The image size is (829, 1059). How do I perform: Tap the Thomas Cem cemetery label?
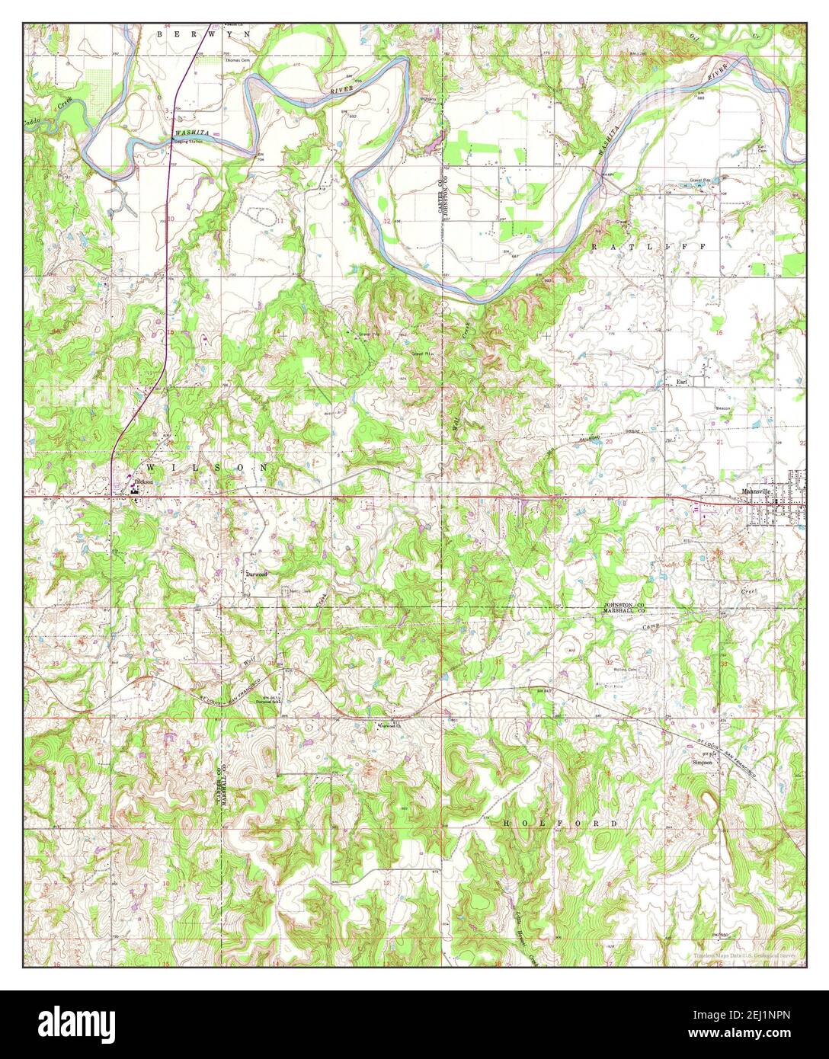click(x=236, y=60)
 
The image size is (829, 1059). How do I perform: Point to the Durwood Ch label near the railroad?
click(x=389, y=725)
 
